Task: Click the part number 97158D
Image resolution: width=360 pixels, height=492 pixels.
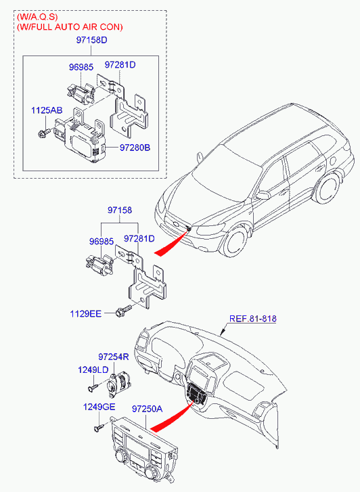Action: [91, 40]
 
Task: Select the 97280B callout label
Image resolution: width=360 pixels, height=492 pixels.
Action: [135, 148]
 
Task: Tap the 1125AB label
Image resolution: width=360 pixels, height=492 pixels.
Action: [47, 110]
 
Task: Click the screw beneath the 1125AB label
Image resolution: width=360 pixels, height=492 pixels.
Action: [43, 133]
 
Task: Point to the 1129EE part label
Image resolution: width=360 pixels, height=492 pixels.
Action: [86, 313]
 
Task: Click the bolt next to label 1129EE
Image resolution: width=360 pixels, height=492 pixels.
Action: [124, 311]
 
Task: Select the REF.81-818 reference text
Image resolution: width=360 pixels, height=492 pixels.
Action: [253, 319]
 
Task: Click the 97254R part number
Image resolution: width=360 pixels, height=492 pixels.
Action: [114, 357]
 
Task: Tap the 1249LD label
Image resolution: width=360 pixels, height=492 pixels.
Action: [93, 370]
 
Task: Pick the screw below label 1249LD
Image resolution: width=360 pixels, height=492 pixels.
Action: [93, 387]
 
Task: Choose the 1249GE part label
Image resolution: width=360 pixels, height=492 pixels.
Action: [99, 407]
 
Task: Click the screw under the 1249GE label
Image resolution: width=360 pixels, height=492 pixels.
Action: [99, 428]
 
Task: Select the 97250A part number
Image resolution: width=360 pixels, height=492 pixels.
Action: [148, 409]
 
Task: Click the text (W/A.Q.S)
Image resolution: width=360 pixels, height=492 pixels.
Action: [37, 17]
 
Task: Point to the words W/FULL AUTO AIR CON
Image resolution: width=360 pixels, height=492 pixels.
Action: [70, 27]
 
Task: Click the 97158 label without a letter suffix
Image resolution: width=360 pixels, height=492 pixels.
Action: [120, 210]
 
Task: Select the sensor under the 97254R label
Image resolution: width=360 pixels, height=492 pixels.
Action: [119, 383]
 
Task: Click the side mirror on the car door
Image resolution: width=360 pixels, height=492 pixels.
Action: [263, 195]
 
